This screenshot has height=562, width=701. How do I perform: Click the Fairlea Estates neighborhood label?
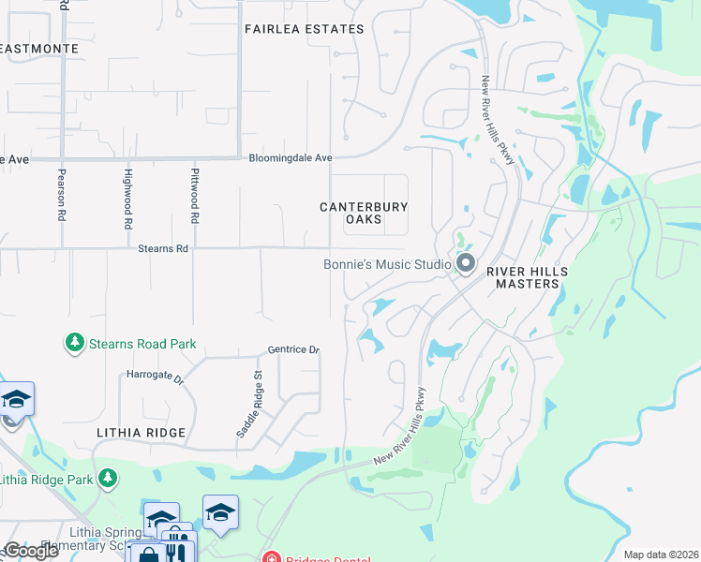(x=304, y=29)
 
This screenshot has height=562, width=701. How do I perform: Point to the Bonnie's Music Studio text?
(x=387, y=264)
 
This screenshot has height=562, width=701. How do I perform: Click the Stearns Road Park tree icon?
(x=74, y=344)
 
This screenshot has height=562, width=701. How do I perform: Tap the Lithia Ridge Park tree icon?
(x=108, y=480)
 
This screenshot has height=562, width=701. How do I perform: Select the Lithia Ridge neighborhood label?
(x=141, y=433)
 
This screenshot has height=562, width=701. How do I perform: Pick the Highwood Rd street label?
(x=127, y=199)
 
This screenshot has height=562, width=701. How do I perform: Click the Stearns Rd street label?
(x=163, y=249)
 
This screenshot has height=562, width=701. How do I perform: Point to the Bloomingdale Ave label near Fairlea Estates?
(x=291, y=158)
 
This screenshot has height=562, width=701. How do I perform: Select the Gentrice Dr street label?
(x=293, y=349)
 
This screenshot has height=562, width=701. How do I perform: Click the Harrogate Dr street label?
(x=155, y=377)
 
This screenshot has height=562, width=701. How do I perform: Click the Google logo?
(x=31, y=551)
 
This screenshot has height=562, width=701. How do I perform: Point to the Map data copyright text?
(x=661, y=555)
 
